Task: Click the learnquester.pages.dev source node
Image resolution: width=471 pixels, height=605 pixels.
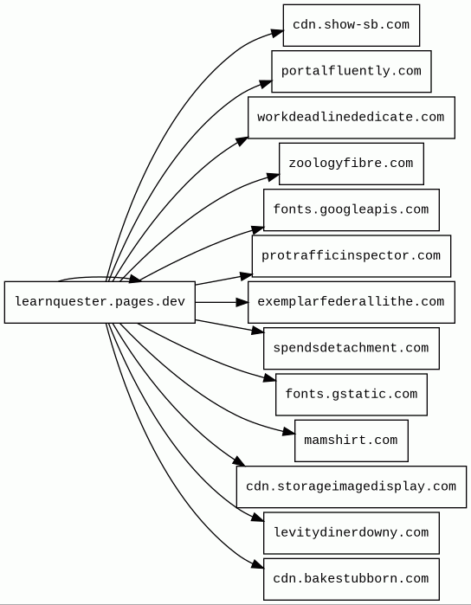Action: [100, 302]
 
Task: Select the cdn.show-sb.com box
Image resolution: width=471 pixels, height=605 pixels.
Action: [352, 25]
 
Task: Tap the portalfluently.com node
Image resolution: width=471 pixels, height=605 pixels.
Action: [352, 71]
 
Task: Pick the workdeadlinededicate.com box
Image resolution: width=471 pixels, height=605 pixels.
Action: [352, 118]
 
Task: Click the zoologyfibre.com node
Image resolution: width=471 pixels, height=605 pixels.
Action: [352, 164]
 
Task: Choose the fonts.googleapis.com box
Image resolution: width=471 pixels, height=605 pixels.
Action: [352, 210]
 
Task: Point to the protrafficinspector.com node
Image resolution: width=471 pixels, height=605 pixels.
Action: [352, 256]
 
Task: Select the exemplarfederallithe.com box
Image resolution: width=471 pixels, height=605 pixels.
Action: [352, 302]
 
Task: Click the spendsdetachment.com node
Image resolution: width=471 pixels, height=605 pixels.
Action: [352, 349]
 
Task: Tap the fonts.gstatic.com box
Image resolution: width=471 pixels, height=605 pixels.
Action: [352, 395]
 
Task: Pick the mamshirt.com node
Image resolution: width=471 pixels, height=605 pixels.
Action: [352, 441]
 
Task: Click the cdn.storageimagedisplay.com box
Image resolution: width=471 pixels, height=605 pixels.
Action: [352, 486]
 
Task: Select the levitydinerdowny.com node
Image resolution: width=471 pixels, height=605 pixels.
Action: [352, 533]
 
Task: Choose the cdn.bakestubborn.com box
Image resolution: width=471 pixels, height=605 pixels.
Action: [352, 579]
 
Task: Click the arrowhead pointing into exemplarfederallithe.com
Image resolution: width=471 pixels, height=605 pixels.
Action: [242, 302]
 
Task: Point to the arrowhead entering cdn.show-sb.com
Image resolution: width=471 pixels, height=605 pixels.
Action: [277, 33]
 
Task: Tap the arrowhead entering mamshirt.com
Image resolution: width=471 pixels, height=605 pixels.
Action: [289, 432]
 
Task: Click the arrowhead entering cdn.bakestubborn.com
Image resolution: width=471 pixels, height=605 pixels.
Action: [258, 564]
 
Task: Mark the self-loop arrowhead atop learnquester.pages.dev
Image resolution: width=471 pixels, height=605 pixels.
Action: [135, 279]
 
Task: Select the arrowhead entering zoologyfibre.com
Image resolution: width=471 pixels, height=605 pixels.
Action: [273, 177]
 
